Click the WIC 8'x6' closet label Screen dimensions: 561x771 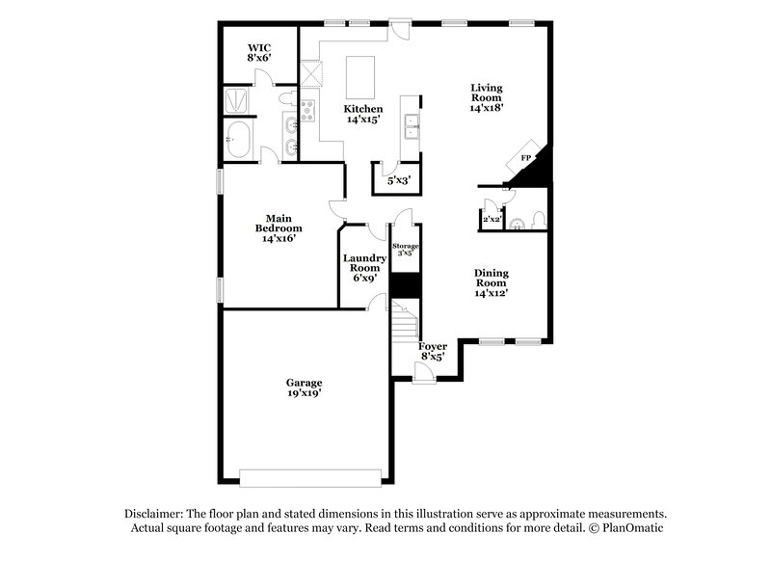[x=257, y=52]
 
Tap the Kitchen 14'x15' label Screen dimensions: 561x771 [x=364, y=115]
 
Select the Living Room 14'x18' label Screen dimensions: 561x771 [x=487, y=98]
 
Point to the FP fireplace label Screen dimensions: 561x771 [x=526, y=157]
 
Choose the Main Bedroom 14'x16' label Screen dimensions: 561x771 [x=279, y=227]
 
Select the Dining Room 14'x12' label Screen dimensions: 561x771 [x=491, y=282]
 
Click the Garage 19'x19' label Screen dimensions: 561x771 [x=303, y=387]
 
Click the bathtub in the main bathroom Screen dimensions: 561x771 [x=239, y=139]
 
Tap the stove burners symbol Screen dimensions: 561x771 [x=309, y=111]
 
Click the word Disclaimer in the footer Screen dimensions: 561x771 [x=154, y=514]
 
